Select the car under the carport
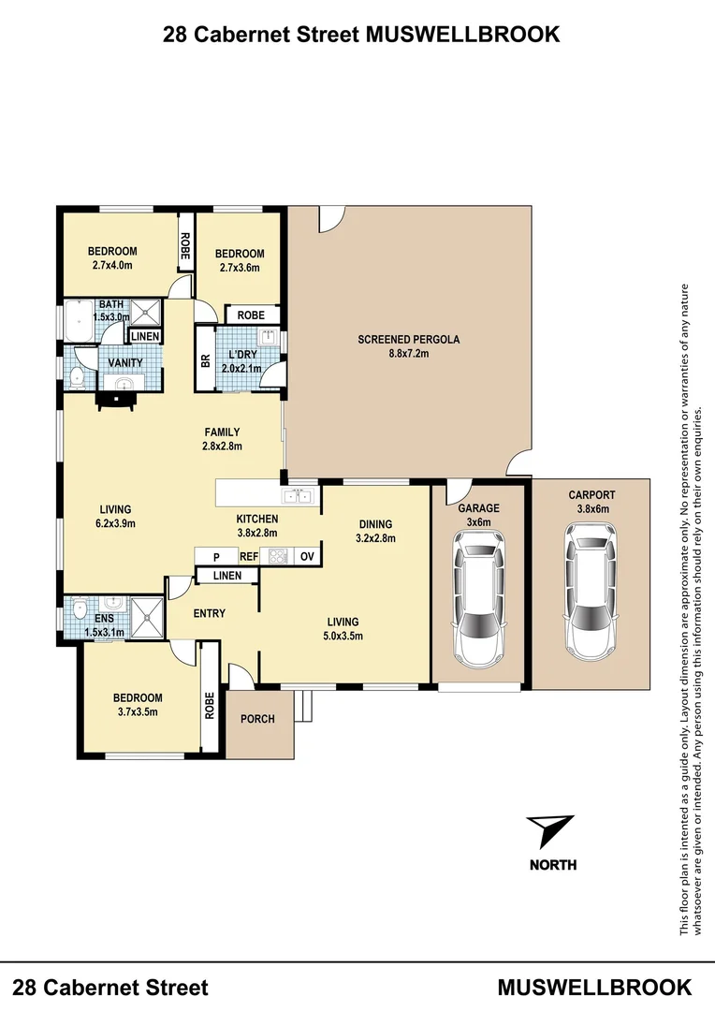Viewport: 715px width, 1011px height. (x=591, y=590)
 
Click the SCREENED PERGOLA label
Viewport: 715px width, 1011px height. (x=409, y=340)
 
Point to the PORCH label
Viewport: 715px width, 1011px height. (x=257, y=719)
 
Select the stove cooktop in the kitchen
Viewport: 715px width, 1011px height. (x=279, y=556)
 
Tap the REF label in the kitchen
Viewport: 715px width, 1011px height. (x=248, y=556)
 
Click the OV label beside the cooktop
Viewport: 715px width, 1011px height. (x=306, y=556)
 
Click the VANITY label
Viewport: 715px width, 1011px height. (x=125, y=362)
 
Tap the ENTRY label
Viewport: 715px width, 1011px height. (x=210, y=613)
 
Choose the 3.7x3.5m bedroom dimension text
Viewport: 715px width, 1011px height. (x=137, y=711)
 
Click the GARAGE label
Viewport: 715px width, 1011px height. (x=478, y=508)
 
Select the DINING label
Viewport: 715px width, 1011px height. (x=375, y=524)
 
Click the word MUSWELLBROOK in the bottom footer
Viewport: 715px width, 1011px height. (x=594, y=987)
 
